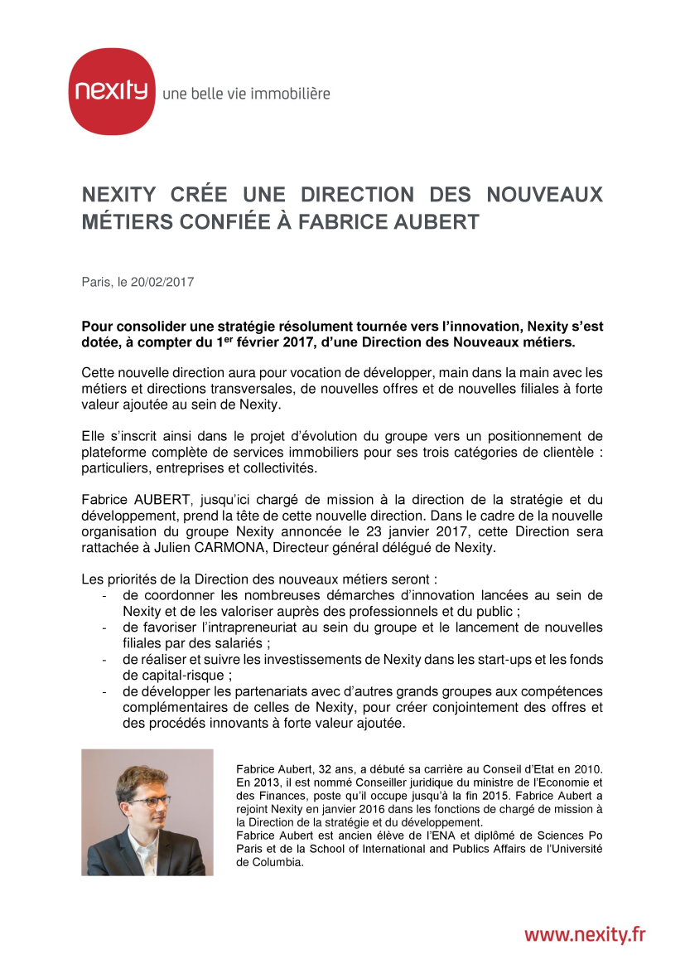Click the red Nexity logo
point(112,91)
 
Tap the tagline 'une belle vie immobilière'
point(246,94)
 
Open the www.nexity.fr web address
point(584,934)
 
